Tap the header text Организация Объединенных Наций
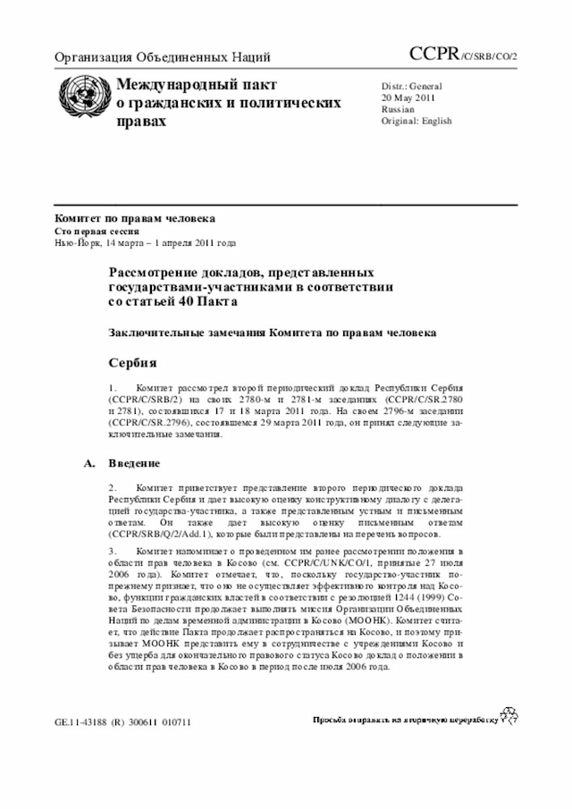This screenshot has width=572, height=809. pos(163,59)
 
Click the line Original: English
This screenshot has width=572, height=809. pos(416,121)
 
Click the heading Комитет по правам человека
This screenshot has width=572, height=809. pos(135,219)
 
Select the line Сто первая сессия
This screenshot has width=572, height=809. pos(97,231)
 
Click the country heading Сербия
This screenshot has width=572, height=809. pos(133,363)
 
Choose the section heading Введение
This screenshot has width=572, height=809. pos(134,463)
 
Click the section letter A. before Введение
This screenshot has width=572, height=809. pos(88,463)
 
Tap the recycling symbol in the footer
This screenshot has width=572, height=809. pos(509,715)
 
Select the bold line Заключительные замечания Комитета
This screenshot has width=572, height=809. pos(273,333)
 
